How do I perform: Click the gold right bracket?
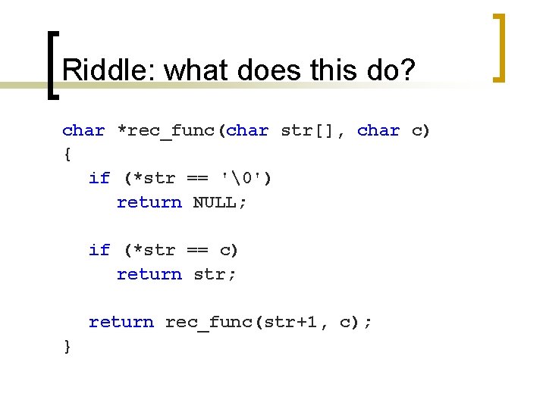pos(499,47)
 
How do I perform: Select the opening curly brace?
pos(67,155)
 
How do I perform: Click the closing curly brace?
pos(67,346)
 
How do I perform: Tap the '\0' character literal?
pos(245,178)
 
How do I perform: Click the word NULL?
pos(219,202)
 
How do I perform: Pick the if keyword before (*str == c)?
pos(99,250)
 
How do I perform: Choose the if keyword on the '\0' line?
pos(99,178)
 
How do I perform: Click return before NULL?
pos(149,202)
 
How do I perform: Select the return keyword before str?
pos(149,274)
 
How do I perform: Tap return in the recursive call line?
pos(121,322)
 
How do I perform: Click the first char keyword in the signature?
pos(83,130)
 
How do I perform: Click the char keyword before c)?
pos(378,130)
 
